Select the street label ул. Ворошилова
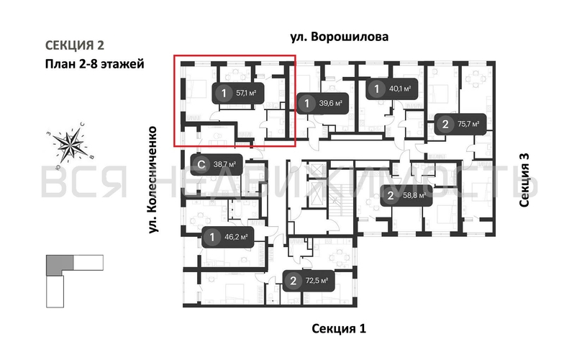339,36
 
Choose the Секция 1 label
339,329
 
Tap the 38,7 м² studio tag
215,164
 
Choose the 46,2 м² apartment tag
227,236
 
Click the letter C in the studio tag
202,164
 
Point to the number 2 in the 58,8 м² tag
391,195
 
